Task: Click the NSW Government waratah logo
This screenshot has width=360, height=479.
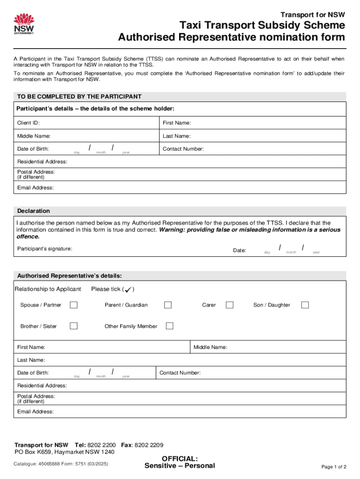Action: [24, 24]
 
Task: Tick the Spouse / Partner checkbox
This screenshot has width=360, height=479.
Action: [73, 305]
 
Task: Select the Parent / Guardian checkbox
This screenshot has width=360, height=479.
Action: [168, 305]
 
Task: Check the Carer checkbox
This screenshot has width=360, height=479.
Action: [230, 305]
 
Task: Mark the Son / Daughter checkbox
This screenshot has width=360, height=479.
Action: [305, 305]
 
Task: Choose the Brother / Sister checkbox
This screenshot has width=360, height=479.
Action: [73, 326]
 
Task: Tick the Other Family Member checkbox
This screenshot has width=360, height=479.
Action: [170, 326]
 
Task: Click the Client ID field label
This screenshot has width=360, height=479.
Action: [29, 123]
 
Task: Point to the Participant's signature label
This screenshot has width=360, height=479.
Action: [45, 248]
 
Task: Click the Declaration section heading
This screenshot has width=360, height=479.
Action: [34, 211]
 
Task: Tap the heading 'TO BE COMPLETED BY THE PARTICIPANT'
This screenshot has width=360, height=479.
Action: [79, 96]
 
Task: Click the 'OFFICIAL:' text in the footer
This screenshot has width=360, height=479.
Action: [180, 458]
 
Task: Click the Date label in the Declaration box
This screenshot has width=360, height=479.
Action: [239, 251]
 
